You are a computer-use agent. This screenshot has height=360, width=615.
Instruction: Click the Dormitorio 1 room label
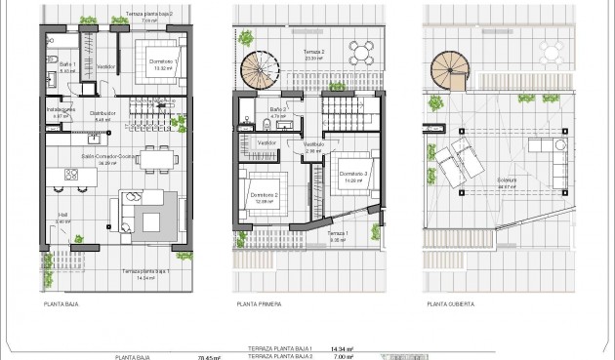150,61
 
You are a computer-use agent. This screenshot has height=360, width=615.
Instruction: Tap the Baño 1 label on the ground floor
67,67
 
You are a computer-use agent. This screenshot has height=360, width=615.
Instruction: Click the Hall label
63,218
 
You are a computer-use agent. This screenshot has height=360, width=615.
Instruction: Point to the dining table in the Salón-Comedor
155,158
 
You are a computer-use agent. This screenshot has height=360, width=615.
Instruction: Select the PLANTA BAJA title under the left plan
61,303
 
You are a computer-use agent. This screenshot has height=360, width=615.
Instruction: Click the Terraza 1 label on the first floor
337,234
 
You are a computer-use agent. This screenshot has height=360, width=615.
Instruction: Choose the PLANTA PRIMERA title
258,303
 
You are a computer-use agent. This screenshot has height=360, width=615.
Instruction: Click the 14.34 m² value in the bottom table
341,348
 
